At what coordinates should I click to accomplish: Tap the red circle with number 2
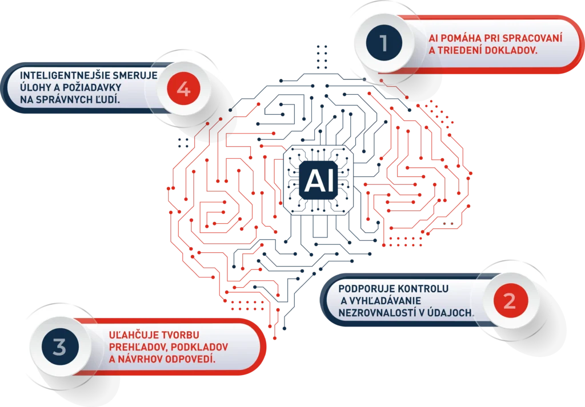click(509, 300)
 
